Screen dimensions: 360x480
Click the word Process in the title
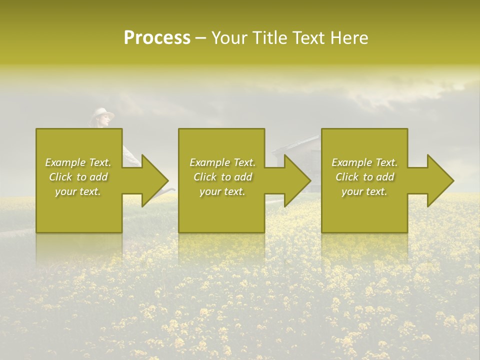coord(157,38)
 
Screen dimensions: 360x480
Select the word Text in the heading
coord(307,38)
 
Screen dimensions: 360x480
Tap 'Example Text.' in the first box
coord(78,162)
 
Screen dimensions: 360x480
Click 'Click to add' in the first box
coord(78,177)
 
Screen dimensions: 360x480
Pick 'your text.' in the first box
coord(78,191)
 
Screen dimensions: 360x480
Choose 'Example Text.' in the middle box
coord(222,162)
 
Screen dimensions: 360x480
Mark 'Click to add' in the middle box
coord(222,177)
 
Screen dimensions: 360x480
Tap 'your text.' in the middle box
coord(222,191)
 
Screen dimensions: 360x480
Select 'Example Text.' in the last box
coord(364,162)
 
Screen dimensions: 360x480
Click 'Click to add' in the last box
coord(364,177)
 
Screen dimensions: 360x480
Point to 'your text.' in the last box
coord(364,191)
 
